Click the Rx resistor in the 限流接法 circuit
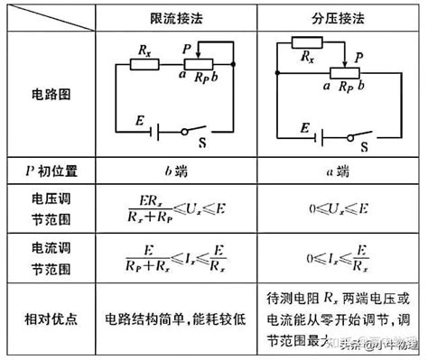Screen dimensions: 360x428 pyautogui.click(x=144, y=65)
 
